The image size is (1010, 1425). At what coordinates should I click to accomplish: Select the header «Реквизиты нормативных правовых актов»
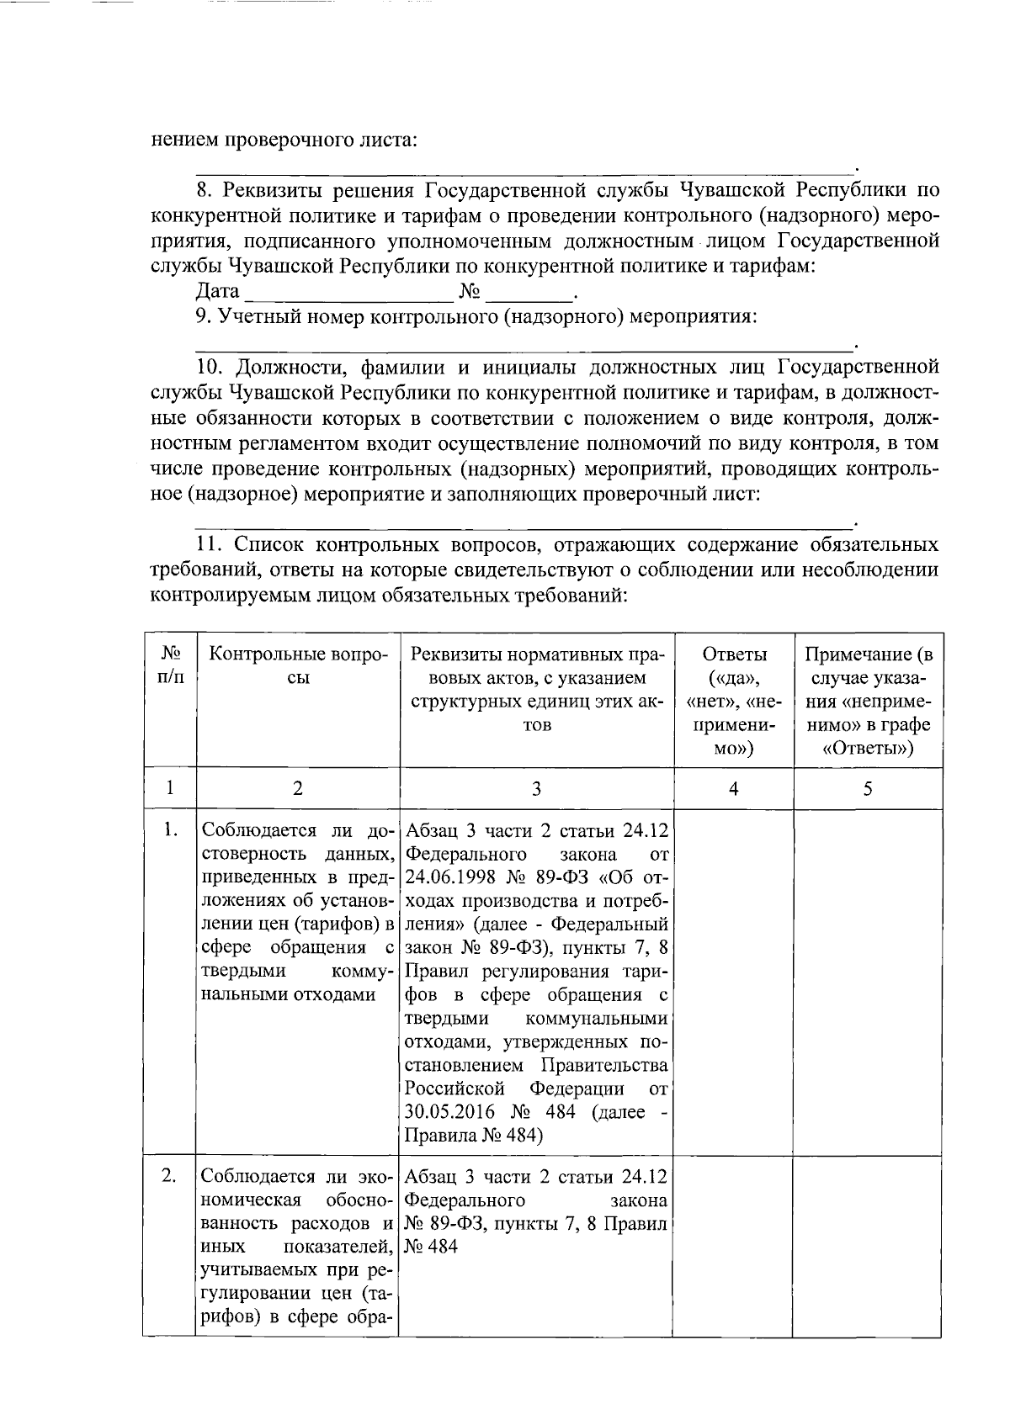pos(537,689)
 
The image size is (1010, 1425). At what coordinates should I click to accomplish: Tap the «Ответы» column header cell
pos(733,701)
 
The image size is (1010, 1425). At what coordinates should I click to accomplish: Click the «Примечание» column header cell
pos(868,701)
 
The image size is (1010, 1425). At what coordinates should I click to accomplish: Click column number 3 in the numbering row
pos(536,788)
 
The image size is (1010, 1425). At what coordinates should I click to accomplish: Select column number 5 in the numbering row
pos(868,788)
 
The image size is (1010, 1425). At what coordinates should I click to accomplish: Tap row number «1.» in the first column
pos(170,830)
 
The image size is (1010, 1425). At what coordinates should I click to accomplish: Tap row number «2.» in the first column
pos(170,1176)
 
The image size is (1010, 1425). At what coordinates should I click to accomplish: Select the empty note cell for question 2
pos(868,1245)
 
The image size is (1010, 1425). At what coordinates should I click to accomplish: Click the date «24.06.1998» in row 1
pos(447,878)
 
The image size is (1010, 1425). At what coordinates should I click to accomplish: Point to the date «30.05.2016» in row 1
pos(447,1112)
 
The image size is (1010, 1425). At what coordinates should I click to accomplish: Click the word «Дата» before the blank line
pos(217,292)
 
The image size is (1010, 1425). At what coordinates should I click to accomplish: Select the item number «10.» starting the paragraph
pos(210,368)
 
